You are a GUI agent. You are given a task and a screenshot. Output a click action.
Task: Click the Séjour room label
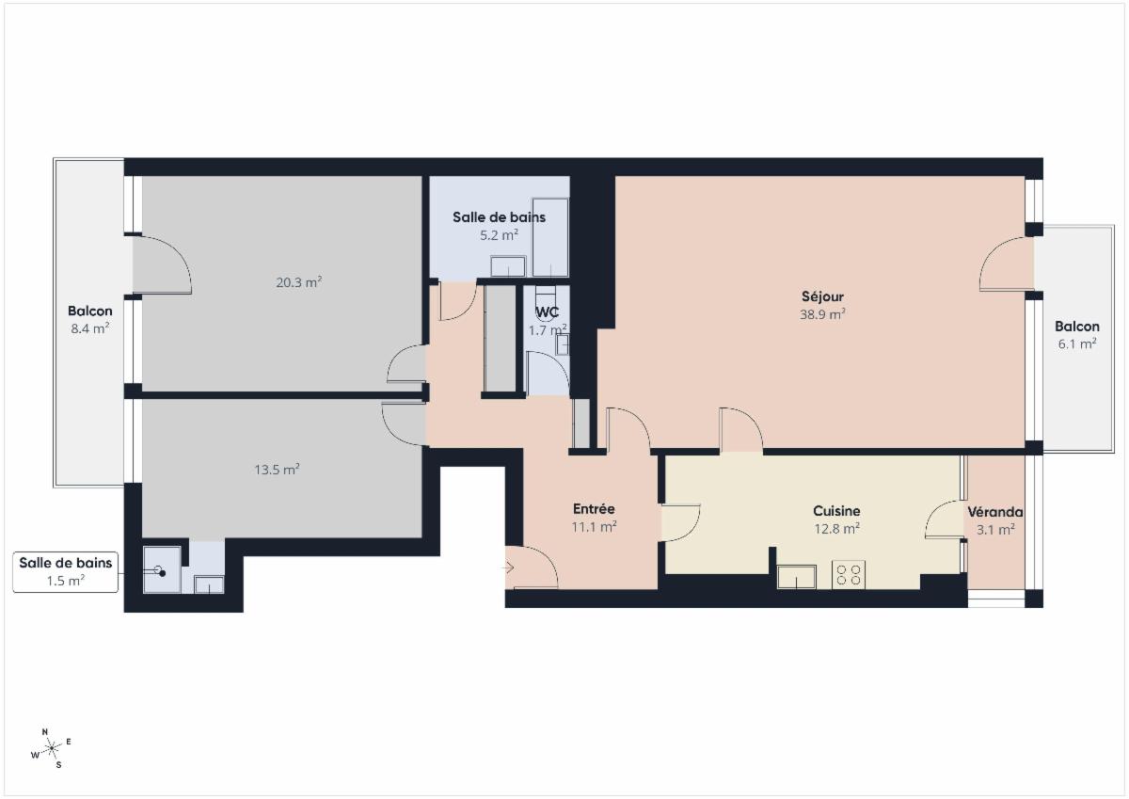822,296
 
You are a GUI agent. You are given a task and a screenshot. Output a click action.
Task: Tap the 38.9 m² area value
822,314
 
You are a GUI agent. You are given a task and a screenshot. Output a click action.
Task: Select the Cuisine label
836,511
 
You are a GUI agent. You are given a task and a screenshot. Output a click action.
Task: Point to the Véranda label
995,512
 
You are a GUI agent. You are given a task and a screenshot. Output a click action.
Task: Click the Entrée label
594,508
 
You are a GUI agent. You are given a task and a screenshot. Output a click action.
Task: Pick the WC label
548,312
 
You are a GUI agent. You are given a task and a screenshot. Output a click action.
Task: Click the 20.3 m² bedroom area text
299,282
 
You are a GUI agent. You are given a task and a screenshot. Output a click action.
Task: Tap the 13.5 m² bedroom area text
278,470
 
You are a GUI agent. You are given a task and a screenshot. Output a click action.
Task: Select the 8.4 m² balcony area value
90,328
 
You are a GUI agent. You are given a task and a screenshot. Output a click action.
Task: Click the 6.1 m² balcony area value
1077,344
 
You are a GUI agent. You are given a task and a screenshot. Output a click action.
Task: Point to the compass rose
52,748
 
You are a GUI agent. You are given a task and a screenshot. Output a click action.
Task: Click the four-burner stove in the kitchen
849,575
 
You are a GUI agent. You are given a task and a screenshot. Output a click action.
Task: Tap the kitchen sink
796,577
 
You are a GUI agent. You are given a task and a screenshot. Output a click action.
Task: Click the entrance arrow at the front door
507,568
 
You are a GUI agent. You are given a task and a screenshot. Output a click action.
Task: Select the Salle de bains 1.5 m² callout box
66,571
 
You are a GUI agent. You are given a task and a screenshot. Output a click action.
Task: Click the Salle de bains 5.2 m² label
499,227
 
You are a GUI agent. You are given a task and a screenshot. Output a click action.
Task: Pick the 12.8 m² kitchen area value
836,529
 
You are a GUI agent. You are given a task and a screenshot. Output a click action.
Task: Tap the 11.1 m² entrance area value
594,527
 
